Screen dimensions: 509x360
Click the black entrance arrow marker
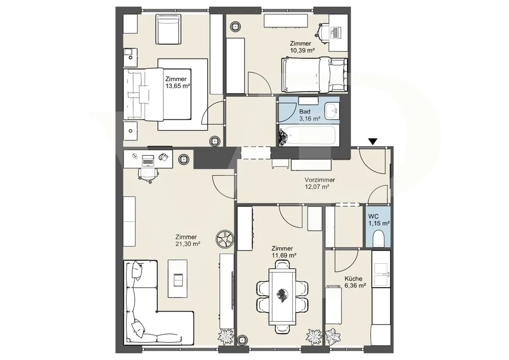tap(373, 142)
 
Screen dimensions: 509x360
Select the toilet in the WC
tap(379, 238)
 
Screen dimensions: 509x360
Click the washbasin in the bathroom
tap(332, 111)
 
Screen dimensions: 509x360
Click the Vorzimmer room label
tap(320, 180)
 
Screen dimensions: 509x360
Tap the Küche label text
tap(354, 279)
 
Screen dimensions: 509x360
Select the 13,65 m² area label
tap(178, 86)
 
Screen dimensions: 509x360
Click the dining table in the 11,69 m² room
tap(282, 297)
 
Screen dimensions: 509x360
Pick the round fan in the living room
tap(224, 239)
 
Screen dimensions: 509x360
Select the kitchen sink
tap(381, 274)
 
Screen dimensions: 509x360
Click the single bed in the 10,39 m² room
tap(315, 75)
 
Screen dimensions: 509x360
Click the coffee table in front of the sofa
tap(178, 278)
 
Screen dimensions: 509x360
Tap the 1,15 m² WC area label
tap(379, 224)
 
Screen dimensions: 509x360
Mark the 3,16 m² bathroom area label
tap(309, 119)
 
